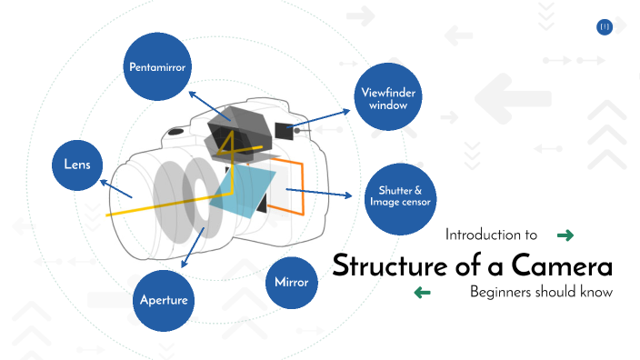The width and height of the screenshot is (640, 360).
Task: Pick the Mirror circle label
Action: point(291,282)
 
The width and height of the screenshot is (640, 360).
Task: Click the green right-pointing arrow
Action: point(565,235)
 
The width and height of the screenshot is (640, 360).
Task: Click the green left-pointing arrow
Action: point(422,293)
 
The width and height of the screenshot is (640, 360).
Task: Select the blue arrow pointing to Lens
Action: point(116,188)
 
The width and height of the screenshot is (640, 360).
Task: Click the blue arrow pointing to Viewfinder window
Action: point(324,117)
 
